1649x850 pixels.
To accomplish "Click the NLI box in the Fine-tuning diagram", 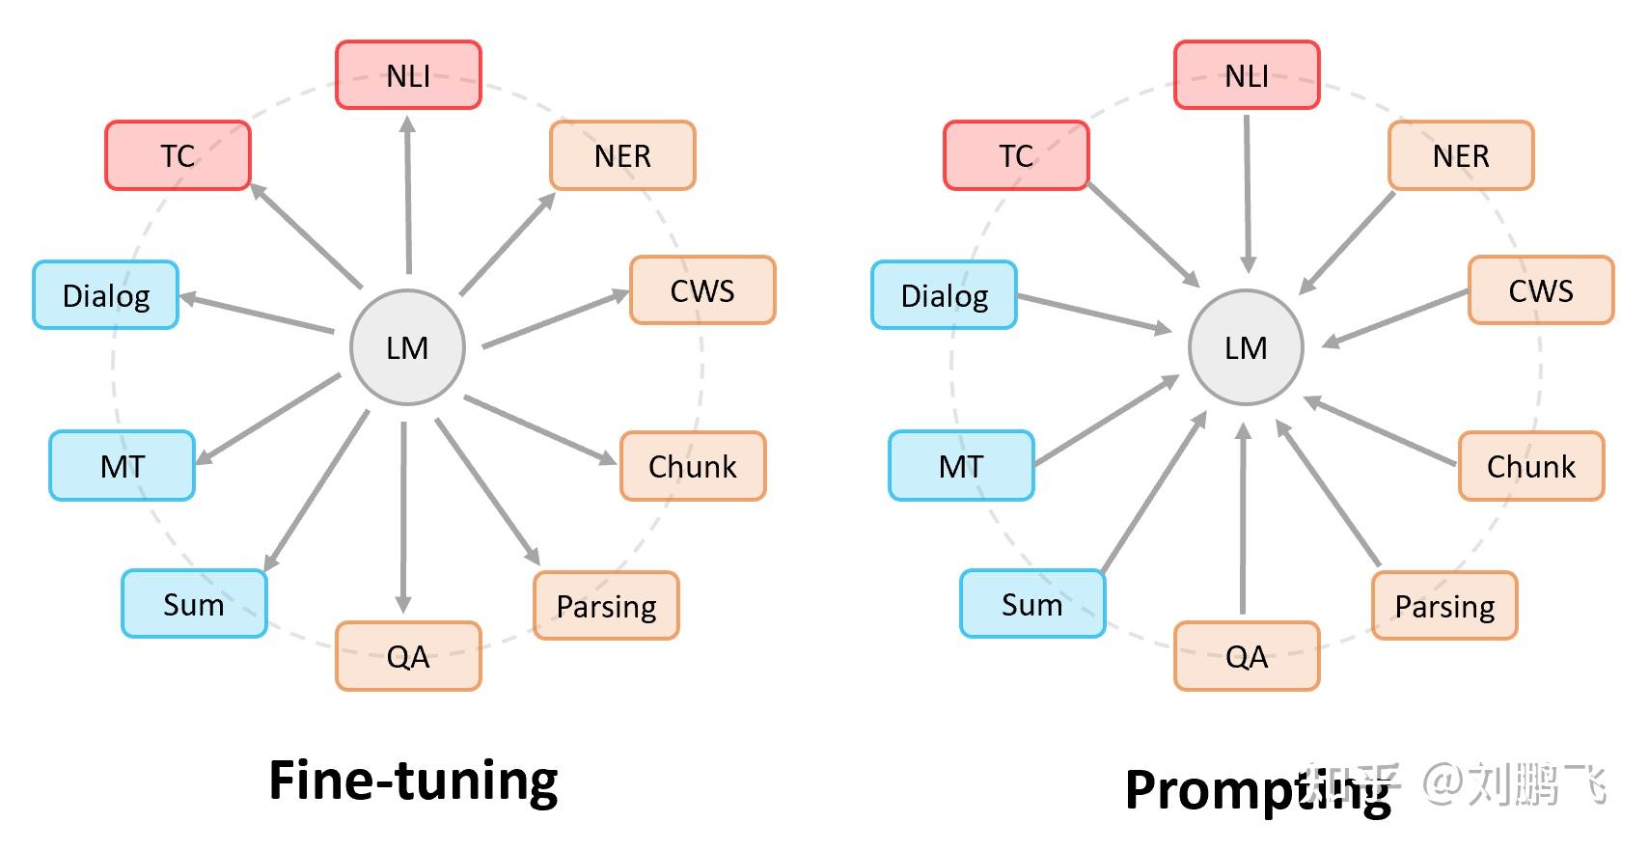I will click(x=408, y=75).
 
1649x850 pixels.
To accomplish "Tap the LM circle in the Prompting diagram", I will click(x=1246, y=347).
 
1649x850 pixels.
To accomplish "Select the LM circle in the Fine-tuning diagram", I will click(x=407, y=347).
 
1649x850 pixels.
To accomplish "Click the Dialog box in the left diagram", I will click(x=106, y=295).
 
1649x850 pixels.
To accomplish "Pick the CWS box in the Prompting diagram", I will click(x=1540, y=290).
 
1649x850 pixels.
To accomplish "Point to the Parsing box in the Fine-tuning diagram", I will click(x=606, y=606).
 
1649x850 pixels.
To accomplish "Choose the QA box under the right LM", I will click(x=1246, y=656).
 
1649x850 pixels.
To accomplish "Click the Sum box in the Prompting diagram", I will click(x=1031, y=604).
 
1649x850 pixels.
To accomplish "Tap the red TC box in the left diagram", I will click(x=178, y=155).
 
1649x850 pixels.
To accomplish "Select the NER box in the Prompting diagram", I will click(x=1460, y=155).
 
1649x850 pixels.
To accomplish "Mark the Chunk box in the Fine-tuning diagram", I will click(x=692, y=466).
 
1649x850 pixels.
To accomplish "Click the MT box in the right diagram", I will click(x=961, y=466).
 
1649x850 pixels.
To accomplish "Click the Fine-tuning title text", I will click(x=413, y=781).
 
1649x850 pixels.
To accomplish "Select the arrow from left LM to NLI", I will click(x=408, y=193).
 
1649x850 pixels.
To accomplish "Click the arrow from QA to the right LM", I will click(x=1243, y=521).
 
